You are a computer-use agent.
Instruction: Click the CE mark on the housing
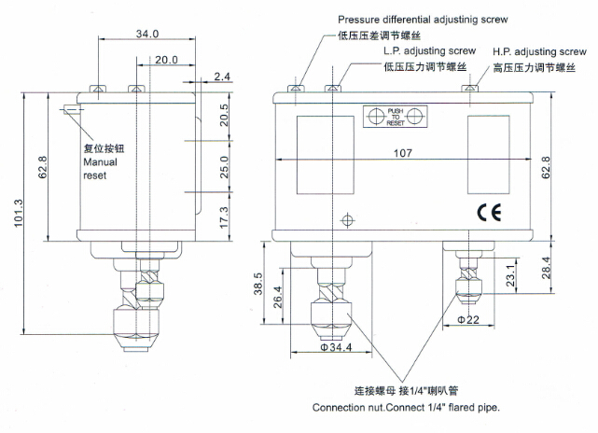pos(490,211)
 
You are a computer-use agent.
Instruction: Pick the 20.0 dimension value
pos(168,60)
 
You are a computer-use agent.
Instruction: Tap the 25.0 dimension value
pos(224,167)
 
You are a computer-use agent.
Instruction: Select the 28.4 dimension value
pos(545,269)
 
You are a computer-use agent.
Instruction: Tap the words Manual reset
pos(97,167)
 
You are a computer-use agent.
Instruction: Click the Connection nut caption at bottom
pos(406,409)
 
